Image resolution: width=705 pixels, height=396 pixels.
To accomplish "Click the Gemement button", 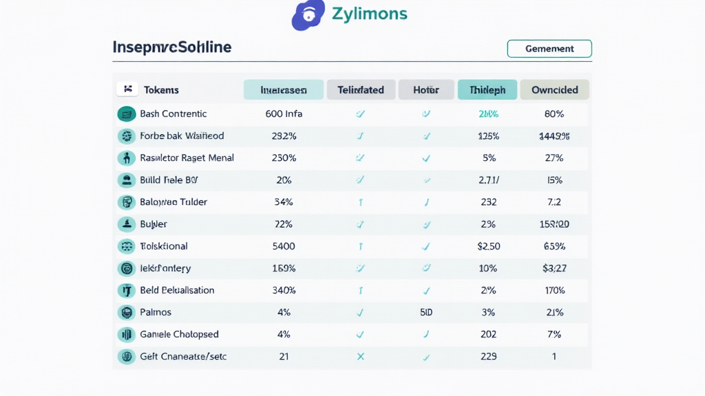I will pos(549,49).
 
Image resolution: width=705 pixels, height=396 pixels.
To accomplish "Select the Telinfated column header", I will pos(361,89).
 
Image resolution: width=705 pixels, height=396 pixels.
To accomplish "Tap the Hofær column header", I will pos(425,89).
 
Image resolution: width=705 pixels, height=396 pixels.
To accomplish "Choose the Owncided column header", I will pos(554,89).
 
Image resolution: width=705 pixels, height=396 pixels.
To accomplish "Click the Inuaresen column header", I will pos(284,89).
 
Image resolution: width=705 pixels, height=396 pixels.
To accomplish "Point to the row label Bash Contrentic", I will pos(173,114).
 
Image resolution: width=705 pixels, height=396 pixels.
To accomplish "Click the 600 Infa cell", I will pos(284,114).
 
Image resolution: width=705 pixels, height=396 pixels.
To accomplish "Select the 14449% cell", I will pos(554,136).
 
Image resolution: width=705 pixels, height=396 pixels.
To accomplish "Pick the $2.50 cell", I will pos(488,246).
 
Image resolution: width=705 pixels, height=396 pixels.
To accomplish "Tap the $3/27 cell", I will pos(554,268).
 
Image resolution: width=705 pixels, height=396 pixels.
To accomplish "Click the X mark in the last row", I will pos(360,356).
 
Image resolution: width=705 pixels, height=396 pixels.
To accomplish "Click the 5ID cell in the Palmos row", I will pos(425,312).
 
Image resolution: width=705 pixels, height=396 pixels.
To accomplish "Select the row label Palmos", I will pos(156,312).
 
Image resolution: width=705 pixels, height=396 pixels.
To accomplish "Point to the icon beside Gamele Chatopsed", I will pos(126,334).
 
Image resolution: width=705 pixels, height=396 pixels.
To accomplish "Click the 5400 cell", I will pos(284,246).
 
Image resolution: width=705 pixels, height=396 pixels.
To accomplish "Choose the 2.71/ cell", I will pos(488,180).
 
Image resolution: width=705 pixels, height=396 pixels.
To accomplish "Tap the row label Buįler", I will pos(154,224).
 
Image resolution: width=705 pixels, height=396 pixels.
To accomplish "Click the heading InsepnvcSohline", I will pos(172,47).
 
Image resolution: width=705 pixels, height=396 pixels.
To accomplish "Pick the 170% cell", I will pos(554,290).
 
